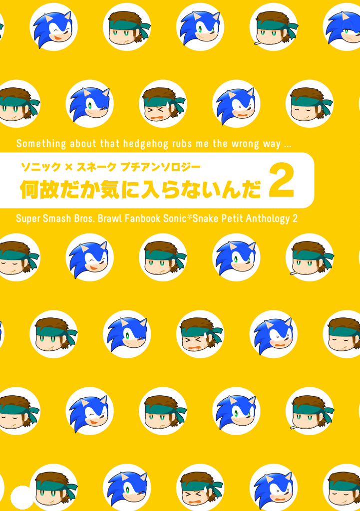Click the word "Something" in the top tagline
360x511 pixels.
point(41,144)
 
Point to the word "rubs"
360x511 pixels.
point(182,144)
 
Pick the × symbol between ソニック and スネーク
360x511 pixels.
point(68,167)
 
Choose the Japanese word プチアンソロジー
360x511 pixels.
point(160,167)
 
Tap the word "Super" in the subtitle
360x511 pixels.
point(27,219)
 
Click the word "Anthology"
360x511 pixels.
point(268,219)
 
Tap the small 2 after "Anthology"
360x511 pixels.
point(295,219)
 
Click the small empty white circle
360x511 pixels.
point(22,498)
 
